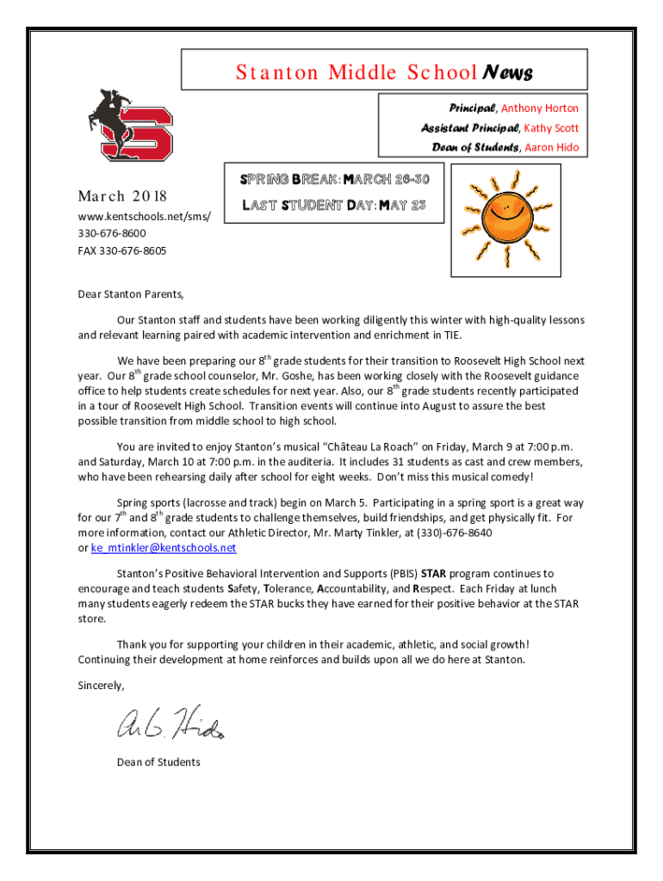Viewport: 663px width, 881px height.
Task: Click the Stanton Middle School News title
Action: tap(384, 72)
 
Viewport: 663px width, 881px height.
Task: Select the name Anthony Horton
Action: tap(540, 108)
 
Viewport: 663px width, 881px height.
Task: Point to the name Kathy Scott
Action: tap(552, 128)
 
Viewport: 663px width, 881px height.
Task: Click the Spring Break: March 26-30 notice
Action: tap(334, 179)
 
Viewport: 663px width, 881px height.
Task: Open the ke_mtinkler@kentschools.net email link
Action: tap(164, 548)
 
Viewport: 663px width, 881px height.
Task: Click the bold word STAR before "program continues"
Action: tap(433, 573)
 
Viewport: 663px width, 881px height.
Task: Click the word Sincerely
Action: tap(101, 686)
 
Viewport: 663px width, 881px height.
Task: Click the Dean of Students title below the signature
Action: tap(158, 762)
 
